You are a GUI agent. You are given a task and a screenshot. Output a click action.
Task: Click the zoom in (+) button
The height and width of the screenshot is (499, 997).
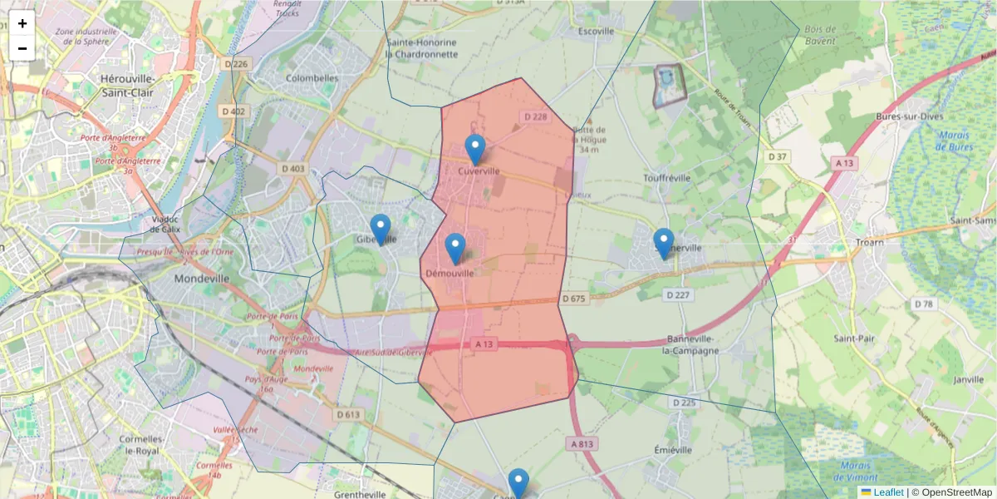click(22, 23)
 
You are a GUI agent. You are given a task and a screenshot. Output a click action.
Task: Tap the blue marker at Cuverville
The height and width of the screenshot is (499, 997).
click(474, 150)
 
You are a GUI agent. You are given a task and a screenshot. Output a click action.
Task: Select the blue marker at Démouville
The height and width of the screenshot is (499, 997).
click(455, 248)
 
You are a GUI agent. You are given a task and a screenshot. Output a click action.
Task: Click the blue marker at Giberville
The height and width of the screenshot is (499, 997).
click(380, 229)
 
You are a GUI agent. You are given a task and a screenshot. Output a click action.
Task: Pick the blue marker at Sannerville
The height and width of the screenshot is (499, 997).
click(663, 243)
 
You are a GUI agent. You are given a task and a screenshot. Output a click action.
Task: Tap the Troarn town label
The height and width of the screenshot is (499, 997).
click(870, 243)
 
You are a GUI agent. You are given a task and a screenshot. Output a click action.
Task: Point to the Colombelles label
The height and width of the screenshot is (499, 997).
click(312, 78)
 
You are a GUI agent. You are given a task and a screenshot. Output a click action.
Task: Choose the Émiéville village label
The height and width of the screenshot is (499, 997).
click(672, 450)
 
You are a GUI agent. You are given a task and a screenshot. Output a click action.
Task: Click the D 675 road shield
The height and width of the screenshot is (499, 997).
click(573, 299)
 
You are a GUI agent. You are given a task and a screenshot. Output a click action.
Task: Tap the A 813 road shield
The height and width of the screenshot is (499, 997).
click(582, 444)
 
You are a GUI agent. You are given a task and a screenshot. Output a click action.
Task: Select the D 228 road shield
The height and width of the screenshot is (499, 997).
click(536, 117)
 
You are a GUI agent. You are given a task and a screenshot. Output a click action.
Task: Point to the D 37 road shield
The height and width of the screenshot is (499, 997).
click(778, 156)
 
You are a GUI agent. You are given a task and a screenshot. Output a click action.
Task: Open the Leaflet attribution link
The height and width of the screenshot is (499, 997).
click(887, 492)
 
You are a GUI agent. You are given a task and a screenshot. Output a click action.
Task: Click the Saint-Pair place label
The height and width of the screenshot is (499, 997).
click(858, 338)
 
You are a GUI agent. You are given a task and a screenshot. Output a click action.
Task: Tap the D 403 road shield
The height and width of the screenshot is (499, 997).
click(292, 169)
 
